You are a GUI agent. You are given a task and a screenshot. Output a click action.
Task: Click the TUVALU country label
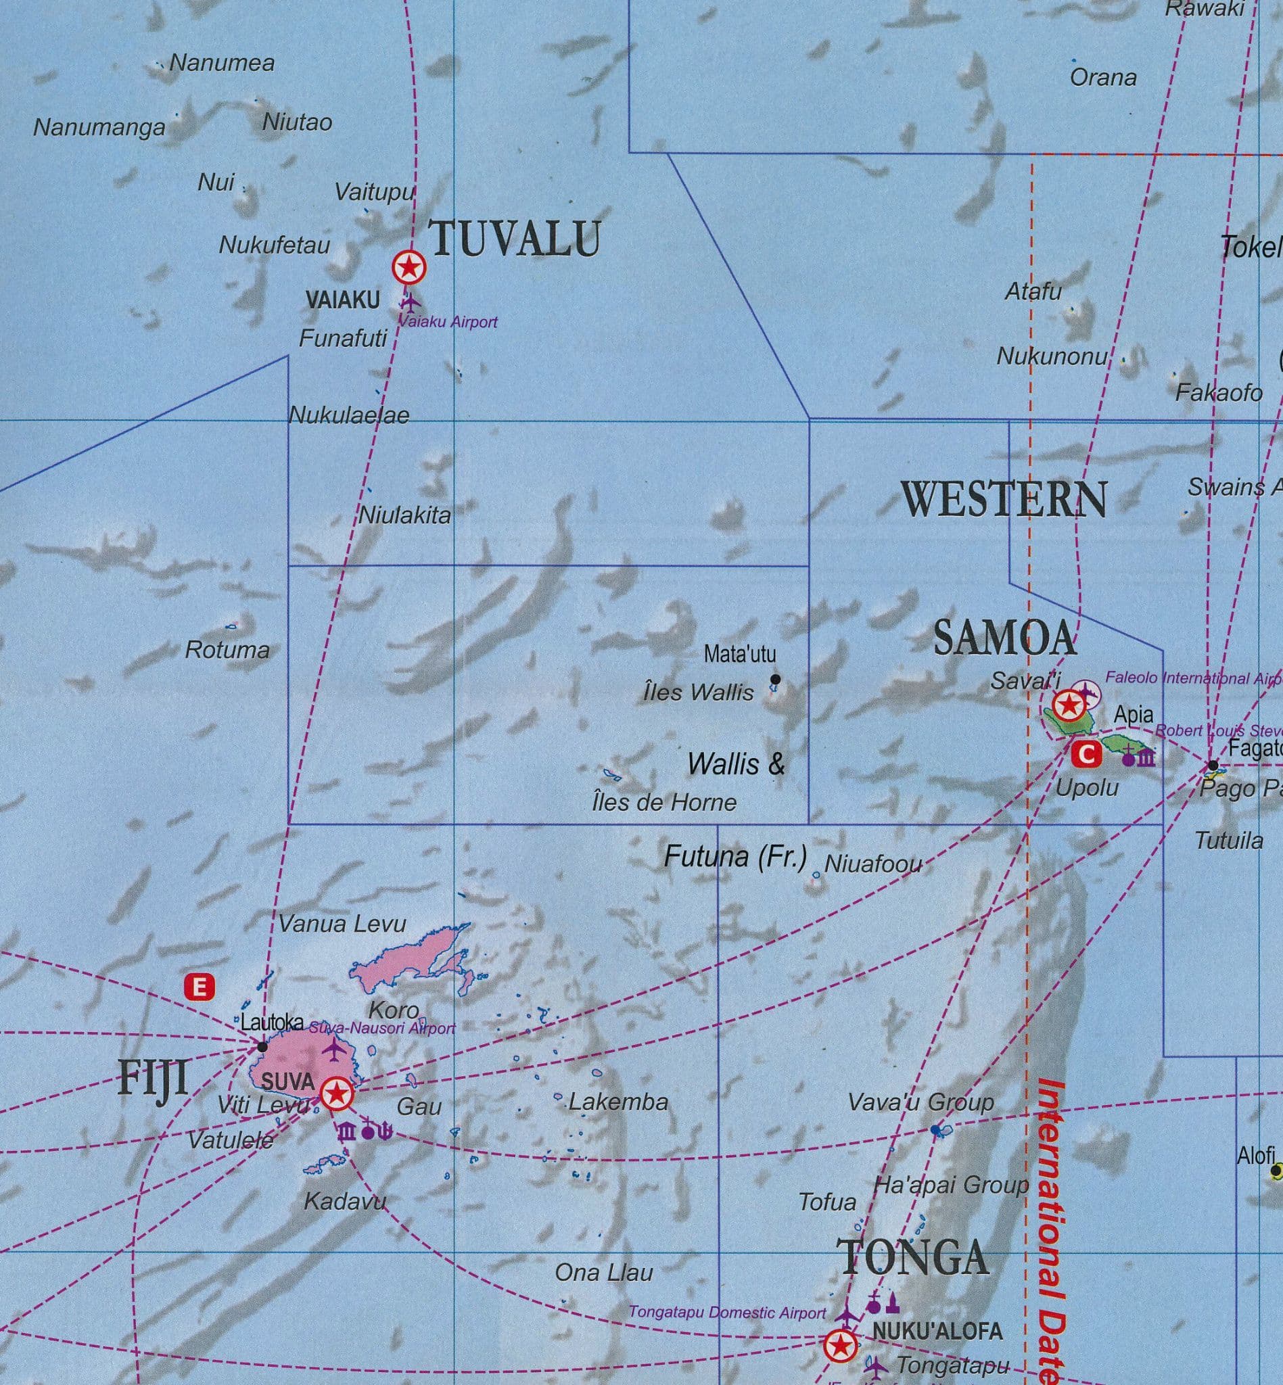pyautogui.click(x=517, y=239)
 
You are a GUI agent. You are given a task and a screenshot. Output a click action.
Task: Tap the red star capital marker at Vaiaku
pyautogui.click(x=409, y=267)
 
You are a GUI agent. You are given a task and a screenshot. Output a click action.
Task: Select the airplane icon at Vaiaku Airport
pyautogui.click(x=411, y=303)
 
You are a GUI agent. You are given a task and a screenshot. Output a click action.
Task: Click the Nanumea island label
pyautogui.click(x=222, y=63)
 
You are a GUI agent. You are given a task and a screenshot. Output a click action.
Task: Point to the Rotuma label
pyautogui.click(x=227, y=651)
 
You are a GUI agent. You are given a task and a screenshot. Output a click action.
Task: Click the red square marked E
pyautogui.click(x=200, y=987)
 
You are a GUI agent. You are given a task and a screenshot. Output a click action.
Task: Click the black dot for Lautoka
pyautogui.click(x=262, y=1046)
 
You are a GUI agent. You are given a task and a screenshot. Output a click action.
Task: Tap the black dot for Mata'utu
pyautogui.click(x=776, y=680)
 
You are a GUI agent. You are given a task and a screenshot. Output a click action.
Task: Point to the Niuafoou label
pyautogui.click(x=873, y=864)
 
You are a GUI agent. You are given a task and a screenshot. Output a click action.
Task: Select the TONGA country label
pyautogui.click(x=913, y=1256)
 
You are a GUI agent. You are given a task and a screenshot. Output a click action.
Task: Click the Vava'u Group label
pyautogui.click(x=920, y=1102)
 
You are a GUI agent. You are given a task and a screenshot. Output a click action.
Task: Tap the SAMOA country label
pyautogui.click(x=1004, y=638)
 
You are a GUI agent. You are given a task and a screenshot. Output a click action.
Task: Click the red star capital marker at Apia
pyautogui.click(x=1067, y=706)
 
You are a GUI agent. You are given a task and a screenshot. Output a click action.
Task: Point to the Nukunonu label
pyautogui.click(x=1052, y=357)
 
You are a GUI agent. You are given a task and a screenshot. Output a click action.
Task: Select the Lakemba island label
pyautogui.click(x=618, y=1102)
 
